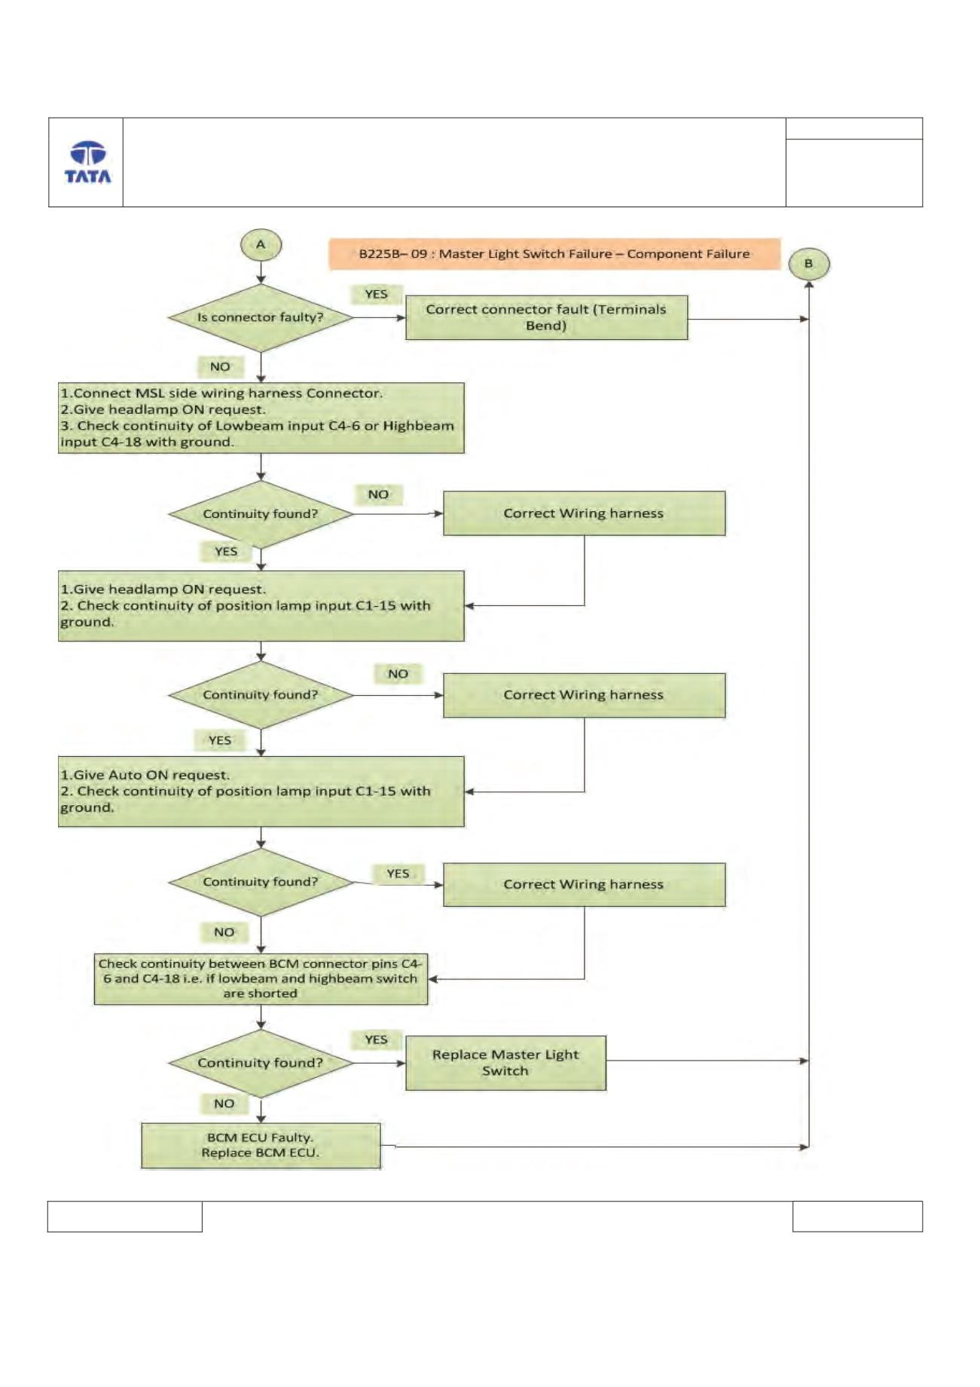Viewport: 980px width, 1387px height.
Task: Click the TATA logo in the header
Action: pyautogui.click(x=87, y=162)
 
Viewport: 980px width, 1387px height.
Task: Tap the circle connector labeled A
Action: pyautogui.click(x=261, y=244)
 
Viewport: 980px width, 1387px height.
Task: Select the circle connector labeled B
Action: pyautogui.click(x=808, y=264)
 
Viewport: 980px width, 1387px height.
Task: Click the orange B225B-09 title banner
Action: pyautogui.click(x=554, y=254)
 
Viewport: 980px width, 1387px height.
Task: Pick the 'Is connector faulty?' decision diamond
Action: pyautogui.click(x=261, y=317)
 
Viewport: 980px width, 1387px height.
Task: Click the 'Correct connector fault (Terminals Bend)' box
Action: pyautogui.click(x=546, y=317)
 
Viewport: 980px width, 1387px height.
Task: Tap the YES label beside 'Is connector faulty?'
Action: pyautogui.click(x=376, y=294)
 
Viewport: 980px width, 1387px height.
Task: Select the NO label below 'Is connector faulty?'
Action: pyautogui.click(x=220, y=366)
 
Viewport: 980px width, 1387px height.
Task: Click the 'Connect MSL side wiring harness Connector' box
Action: pyautogui.click(x=261, y=418)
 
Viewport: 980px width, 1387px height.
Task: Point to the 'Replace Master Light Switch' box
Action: pyautogui.click(x=505, y=1063)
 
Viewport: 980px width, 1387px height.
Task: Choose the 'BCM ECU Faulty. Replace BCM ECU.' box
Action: pyautogui.click(x=261, y=1146)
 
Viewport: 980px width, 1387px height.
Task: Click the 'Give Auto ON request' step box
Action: pyautogui.click(x=261, y=791)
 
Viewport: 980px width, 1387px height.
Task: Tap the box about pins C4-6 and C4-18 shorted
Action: pyautogui.click(x=261, y=978)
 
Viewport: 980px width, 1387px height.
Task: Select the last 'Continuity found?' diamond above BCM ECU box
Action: pyautogui.click(x=261, y=1063)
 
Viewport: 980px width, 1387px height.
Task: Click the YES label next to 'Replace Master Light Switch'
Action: pyautogui.click(x=376, y=1039)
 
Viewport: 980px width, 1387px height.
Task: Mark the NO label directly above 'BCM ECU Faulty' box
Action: pyautogui.click(x=224, y=1104)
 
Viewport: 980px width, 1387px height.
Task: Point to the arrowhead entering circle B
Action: pyautogui.click(x=808, y=284)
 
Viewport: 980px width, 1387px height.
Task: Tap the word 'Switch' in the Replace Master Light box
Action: pyautogui.click(x=505, y=1071)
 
